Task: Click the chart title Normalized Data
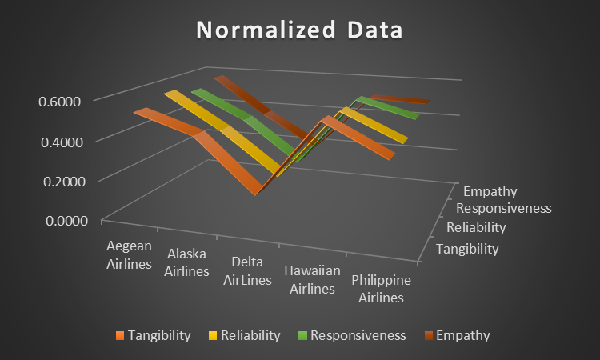[299, 30]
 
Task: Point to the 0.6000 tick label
[59, 102]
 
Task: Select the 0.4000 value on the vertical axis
[62, 142]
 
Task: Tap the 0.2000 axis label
[64, 182]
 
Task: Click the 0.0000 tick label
[66, 221]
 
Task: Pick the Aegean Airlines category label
[129, 254]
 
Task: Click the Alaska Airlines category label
[186, 262]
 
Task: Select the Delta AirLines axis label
[247, 271]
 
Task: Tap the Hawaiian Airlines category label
[312, 280]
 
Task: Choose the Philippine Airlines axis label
[381, 289]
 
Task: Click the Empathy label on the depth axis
[490, 191]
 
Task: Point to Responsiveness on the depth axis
[503, 208]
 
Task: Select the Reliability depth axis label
[476, 227]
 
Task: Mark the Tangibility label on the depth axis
[467, 249]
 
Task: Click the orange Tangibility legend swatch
[120, 335]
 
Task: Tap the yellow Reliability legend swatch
[212, 335]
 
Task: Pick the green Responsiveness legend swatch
[302, 335]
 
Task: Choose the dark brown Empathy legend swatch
[428, 335]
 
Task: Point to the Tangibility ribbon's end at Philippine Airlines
[392, 156]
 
